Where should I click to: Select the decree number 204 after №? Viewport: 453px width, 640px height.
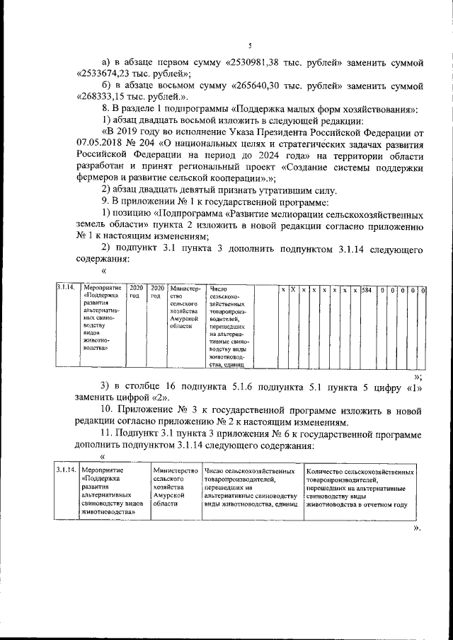165,144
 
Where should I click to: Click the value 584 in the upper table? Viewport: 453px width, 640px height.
366,290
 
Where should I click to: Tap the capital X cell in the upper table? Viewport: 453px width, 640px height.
292,290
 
